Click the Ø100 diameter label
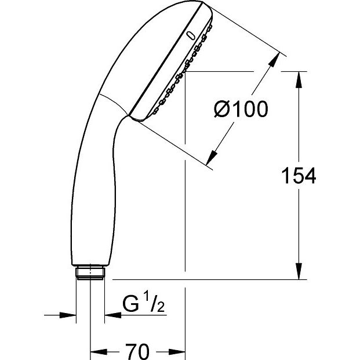tap(241, 109)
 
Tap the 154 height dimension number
tap(299, 176)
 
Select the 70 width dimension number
tap(137, 351)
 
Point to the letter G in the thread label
tap(131, 304)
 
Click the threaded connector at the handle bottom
tap(90, 273)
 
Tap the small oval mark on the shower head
tap(191, 36)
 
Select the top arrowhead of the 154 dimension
tap(299, 79)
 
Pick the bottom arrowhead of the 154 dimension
tap(299, 271)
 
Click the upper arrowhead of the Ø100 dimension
tap(274, 60)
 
